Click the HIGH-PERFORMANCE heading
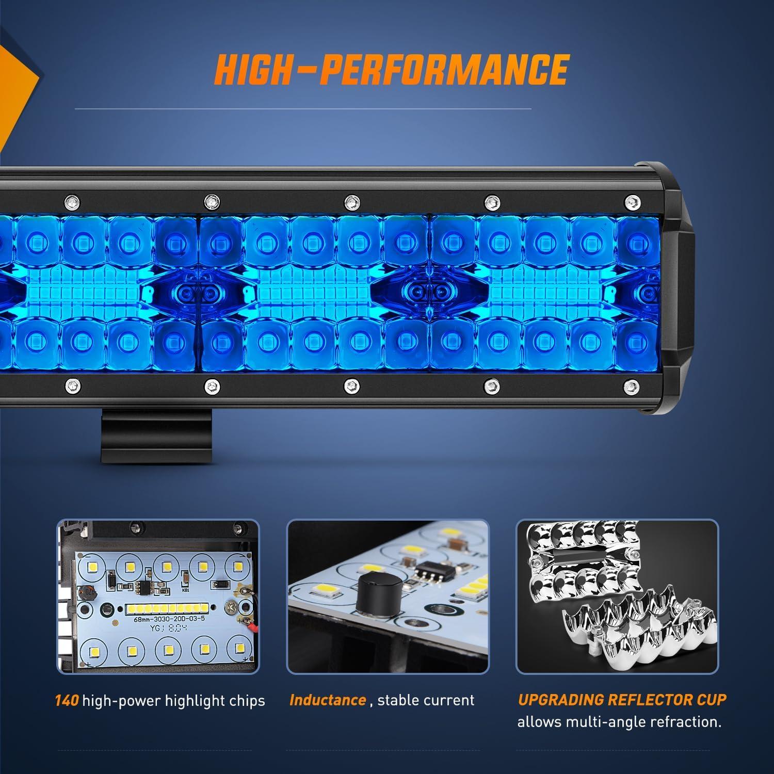pyautogui.click(x=391, y=69)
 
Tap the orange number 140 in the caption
pyautogui.click(x=67, y=701)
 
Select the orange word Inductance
pyautogui.click(x=328, y=700)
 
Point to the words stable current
pyautogui.click(x=426, y=700)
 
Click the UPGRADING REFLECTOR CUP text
pyautogui.click(x=622, y=700)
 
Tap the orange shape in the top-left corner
pyautogui.click(x=15, y=88)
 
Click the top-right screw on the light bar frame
pyautogui.click(x=630, y=200)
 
